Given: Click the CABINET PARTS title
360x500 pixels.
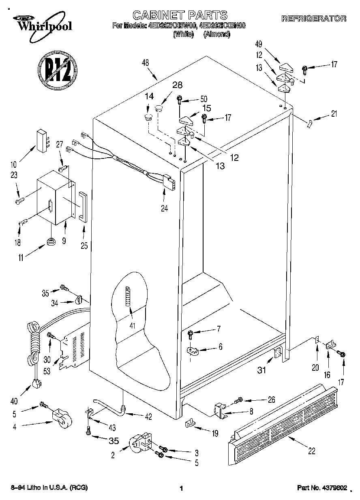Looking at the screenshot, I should coord(180,15).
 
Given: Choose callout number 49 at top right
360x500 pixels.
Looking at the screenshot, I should coord(258,44).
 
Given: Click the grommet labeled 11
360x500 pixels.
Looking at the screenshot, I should coord(51,241).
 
